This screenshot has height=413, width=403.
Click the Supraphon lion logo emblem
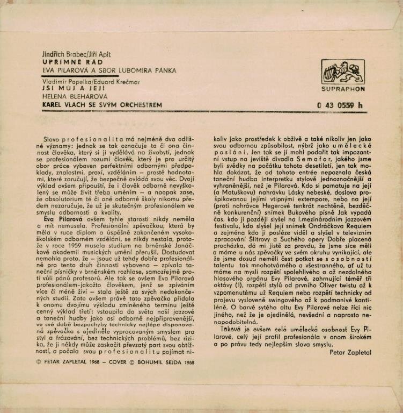pyautogui.click(x=343, y=72)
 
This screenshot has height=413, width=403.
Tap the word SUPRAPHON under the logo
pyautogui.click(x=343, y=89)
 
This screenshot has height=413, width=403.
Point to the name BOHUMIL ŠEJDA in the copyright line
pyautogui.click(x=159, y=362)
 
